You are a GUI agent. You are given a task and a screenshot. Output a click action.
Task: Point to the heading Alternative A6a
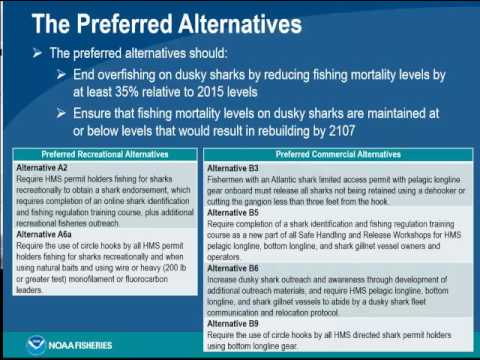click(48, 232)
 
